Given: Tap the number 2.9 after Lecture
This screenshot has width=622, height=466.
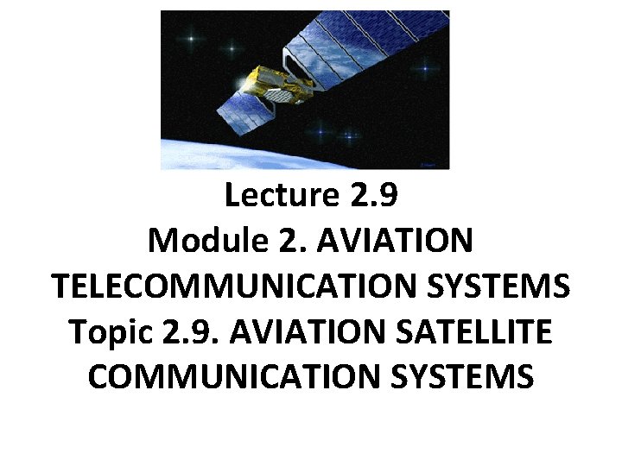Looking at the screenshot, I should [x=375, y=197].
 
